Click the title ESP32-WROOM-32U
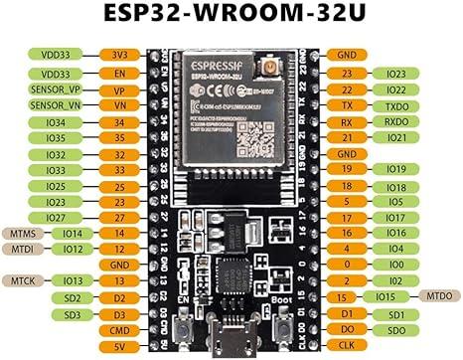pos(231,15)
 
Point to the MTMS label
pos(23,233)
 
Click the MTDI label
pos(23,249)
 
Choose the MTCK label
pos(23,280)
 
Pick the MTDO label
pos(438,297)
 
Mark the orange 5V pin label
pos(118,345)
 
